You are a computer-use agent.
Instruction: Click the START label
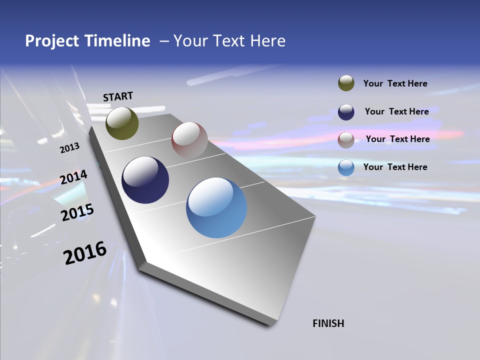118,96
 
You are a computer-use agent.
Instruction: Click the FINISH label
328,323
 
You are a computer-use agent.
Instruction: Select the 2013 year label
69,147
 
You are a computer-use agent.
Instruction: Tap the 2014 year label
73,177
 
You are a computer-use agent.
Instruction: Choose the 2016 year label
85,253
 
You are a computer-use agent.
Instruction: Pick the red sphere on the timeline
189,140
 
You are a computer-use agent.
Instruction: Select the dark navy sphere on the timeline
145,180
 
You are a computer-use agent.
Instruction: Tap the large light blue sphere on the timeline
216,207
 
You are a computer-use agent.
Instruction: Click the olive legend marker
346,83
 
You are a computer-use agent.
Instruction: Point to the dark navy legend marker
346,112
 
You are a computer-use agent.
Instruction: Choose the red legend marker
346,140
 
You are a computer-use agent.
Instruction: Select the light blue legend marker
346,167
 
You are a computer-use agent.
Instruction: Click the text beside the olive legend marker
395,83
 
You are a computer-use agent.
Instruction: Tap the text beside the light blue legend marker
395,167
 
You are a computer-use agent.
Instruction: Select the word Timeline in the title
118,41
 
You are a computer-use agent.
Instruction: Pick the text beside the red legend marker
397,139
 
